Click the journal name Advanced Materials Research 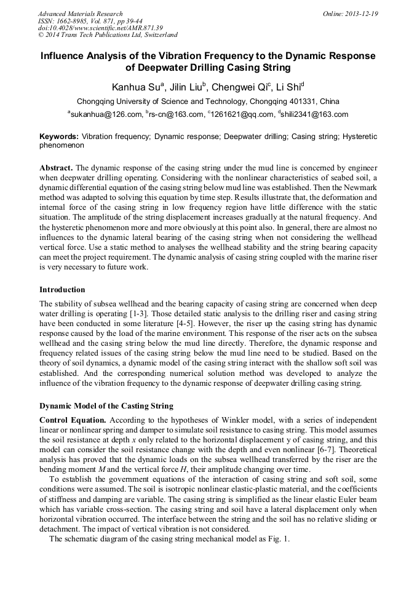[x=80, y=14]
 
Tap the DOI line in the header [x=101, y=28]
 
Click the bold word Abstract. [x=56, y=168]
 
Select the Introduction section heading [x=62, y=289]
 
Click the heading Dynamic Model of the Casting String [x=106, y=406]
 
